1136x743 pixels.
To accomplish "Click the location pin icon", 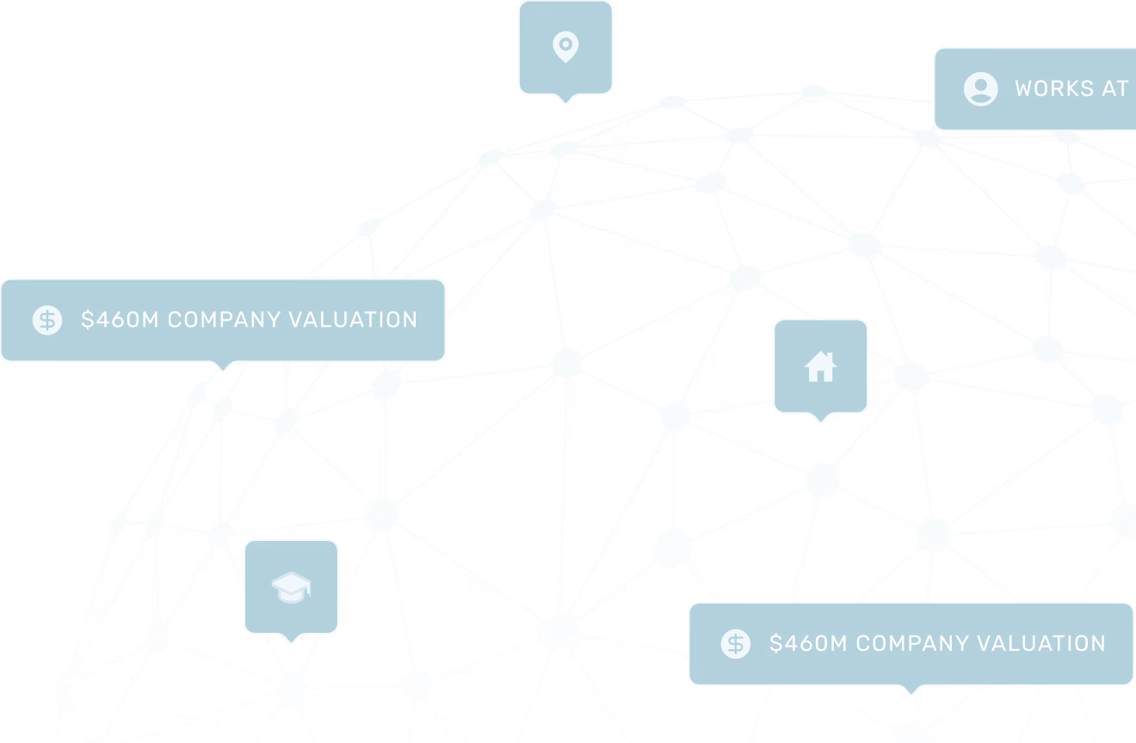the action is (565, 47).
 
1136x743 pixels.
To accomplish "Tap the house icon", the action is (820, 367).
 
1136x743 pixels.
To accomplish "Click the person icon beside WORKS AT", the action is (980, 89).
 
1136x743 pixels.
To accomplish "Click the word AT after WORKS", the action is (1114, 89).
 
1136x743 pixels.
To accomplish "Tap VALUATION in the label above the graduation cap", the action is (353, 320).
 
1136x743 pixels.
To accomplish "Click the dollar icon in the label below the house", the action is (736, 643).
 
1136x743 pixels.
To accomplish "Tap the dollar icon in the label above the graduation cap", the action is (47, 320).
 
